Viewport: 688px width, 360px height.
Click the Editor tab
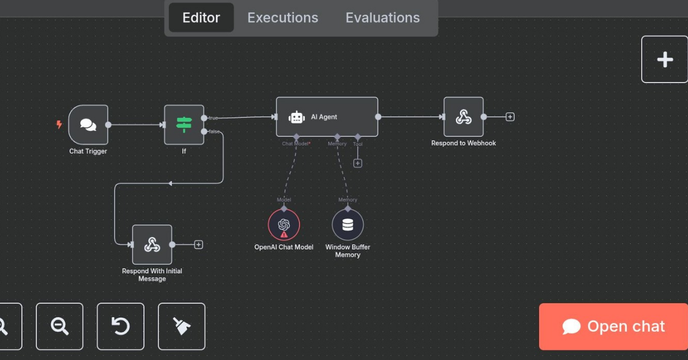(201, 18)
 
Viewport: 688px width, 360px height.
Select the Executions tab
(283, 18)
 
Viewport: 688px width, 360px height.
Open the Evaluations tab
(382, 18)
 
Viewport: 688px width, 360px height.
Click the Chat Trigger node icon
(88, 124)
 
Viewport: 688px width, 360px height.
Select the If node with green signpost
(184, 124)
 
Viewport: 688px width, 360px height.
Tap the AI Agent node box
(327, 117)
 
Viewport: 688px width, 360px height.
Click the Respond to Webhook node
(463, 117)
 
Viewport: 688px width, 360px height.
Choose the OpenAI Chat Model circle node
(284, 225)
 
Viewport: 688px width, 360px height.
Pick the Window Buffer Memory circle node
(347, 225)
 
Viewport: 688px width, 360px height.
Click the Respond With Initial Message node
(152, 245)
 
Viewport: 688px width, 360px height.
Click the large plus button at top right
(664, 60)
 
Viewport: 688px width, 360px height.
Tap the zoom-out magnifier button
(60, 326)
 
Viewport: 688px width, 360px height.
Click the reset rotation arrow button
(120, 326)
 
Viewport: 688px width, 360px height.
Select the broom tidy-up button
(182, 326)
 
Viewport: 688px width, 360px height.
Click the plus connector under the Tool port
(358, 163)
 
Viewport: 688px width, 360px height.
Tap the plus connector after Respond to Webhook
(510, 117)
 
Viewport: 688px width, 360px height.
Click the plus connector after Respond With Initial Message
(198, 245)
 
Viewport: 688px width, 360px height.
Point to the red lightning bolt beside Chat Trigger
(58, 124)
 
